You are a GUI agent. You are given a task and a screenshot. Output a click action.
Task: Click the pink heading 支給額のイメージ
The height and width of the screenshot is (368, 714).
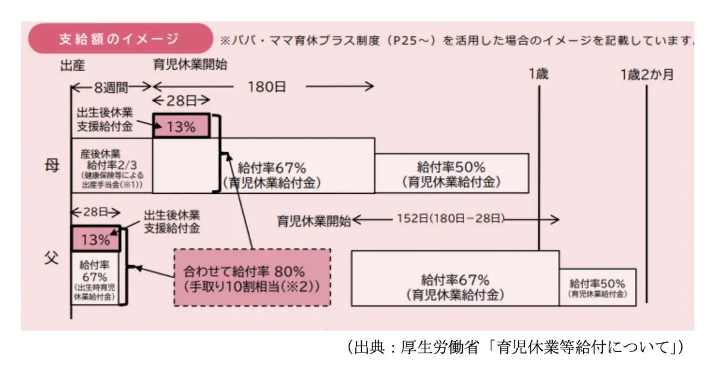click(x=119, y=39)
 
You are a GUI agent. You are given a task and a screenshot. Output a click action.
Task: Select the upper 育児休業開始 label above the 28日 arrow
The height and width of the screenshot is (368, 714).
click(x=190, y=64)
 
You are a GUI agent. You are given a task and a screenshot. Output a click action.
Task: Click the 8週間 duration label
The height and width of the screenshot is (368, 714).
click(x=111, y=87)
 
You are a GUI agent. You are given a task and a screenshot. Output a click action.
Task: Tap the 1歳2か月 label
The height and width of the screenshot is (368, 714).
click(x=647, y=74)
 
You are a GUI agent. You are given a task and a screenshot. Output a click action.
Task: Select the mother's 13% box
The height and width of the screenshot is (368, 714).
click(x=181, y=125)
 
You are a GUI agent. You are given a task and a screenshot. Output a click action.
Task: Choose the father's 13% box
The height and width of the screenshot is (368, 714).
click(x=95, y=240)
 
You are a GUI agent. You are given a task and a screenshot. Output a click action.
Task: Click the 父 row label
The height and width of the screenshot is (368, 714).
click(x=53, y=259)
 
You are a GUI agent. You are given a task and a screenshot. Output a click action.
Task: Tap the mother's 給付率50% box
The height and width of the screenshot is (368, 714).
click(x=451, y=173)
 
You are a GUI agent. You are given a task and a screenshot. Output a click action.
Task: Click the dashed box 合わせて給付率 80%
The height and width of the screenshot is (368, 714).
click(x=252, y=277)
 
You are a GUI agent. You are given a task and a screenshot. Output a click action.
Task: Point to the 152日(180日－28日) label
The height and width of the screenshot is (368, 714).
click(x=450, y=219)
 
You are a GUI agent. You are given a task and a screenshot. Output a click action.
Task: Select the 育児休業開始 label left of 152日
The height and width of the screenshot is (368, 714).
click(x=314, y=221)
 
